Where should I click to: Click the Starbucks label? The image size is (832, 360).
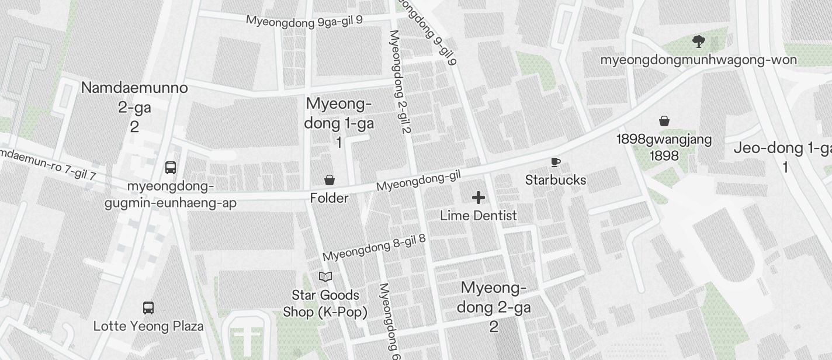555,180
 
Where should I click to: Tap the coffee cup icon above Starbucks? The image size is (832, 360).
555,162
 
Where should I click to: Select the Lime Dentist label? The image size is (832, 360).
478,216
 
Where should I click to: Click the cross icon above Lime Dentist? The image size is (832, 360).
478,198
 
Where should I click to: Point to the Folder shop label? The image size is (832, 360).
329,198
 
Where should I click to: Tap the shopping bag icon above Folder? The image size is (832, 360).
330,180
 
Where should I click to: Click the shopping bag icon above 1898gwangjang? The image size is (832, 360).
664,121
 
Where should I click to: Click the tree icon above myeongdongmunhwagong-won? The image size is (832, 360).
698,41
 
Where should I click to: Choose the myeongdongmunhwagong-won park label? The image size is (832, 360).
698,60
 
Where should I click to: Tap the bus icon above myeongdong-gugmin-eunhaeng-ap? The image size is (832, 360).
171,168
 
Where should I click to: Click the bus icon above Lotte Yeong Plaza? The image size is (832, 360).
148,308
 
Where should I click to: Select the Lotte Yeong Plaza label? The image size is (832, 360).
148,326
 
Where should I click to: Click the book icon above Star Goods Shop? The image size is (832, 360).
325,276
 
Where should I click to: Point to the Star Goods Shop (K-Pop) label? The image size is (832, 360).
325,303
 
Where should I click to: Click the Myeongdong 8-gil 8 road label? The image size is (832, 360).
374,248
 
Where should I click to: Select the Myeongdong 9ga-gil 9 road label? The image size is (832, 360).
304,20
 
